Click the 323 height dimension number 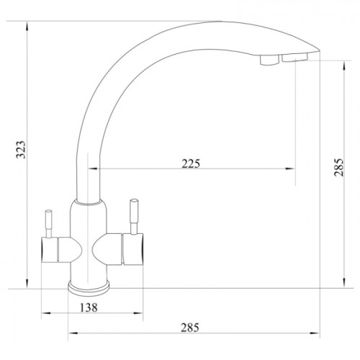pos(21,150)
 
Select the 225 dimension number pos(191,163)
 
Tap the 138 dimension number pos(89,307)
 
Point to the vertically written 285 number pos(339,168)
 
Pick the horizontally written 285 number pos(190,328)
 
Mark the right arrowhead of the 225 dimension pos(290,168)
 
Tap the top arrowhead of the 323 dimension pos(27,26)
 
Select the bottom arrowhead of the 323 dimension pos(27,283)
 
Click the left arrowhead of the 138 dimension pos(47,313)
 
